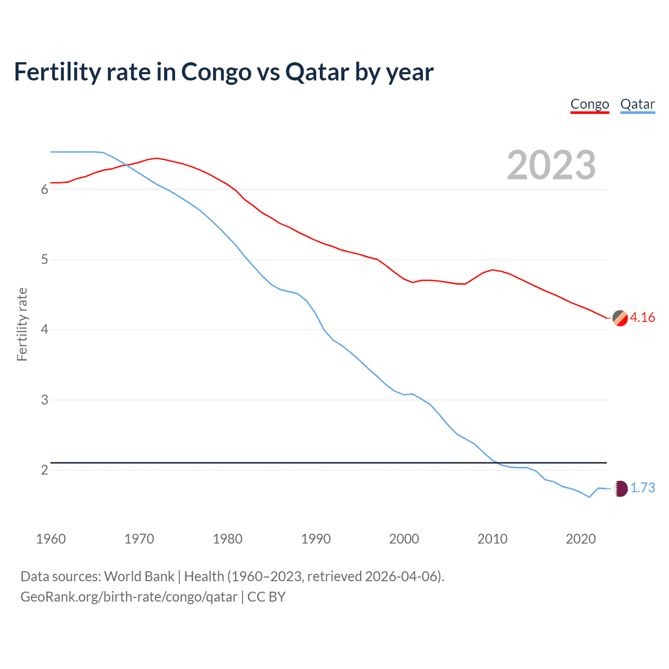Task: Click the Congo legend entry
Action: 590,104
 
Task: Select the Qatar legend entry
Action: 637,104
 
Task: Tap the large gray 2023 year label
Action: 551,165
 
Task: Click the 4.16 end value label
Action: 642,318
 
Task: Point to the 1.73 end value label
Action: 642,488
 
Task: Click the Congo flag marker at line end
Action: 620,318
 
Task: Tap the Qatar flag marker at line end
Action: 620,489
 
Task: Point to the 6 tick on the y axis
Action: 44,190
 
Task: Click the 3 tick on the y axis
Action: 44,400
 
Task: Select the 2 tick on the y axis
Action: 44,470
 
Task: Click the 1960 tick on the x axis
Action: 51,539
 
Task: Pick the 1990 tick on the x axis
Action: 316,539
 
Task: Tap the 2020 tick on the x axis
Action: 581,539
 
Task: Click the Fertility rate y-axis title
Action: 22,324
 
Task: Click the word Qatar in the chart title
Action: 317,72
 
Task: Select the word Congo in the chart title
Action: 216,72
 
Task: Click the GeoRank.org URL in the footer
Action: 129,597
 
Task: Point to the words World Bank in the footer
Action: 139,576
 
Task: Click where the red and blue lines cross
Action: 127,166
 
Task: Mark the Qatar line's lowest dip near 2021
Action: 589,497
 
